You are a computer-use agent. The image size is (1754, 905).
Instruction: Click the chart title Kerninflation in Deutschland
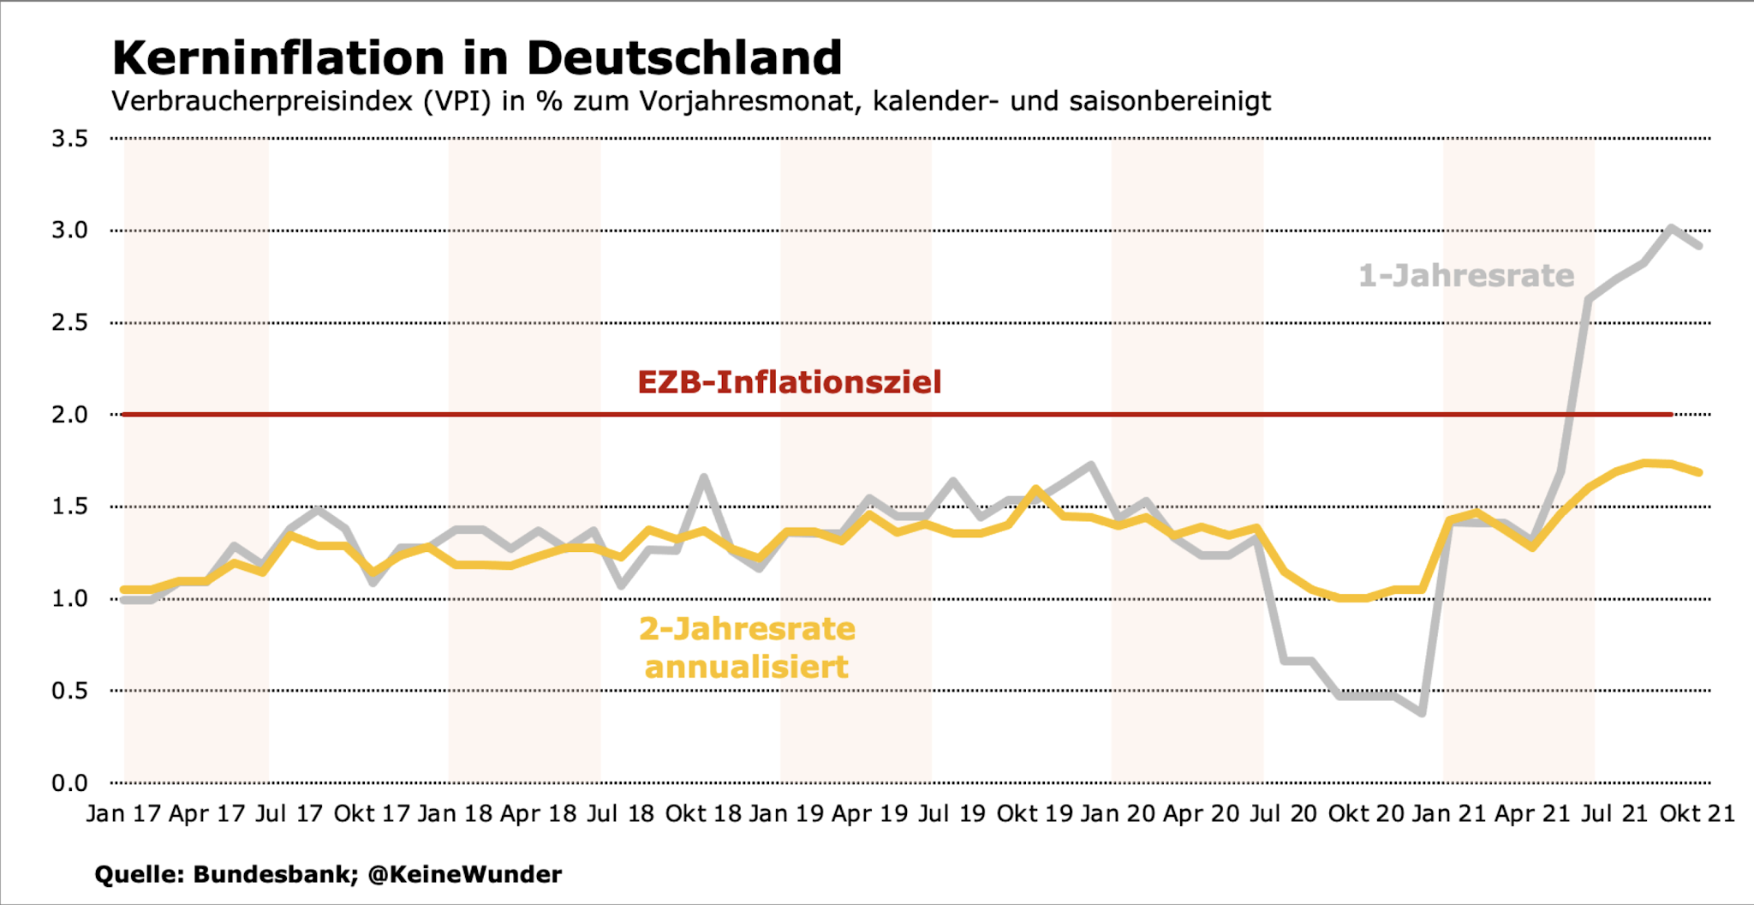(476, 58)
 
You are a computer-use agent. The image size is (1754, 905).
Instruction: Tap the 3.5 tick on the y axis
(69, 138)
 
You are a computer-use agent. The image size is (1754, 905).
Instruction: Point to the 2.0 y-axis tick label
(69, 415)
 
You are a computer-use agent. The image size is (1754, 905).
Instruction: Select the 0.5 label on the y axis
(69, 691)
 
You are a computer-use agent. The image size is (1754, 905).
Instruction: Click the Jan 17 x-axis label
(123, 813)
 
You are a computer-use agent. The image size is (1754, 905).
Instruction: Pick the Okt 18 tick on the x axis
(703, 813)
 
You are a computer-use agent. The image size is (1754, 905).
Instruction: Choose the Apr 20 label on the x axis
(1201, 813)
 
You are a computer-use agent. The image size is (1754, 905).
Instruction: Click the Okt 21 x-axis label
(1697, 813)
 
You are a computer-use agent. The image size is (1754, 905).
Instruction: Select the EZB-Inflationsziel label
(789, 382)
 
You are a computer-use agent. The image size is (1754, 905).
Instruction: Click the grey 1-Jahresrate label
(1465, 276)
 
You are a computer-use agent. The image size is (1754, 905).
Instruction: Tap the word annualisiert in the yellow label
(746, 667)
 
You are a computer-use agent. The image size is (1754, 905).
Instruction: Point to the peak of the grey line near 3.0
(1671, 227)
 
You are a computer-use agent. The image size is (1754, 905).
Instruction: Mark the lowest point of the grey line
(1423, 713)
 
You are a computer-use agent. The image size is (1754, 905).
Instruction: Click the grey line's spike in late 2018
(703, 476)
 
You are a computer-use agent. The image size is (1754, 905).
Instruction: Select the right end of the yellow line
(1699, 472)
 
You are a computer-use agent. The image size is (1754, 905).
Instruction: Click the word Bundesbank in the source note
(275, 874)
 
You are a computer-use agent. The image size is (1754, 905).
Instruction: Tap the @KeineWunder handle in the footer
(465, 874)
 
